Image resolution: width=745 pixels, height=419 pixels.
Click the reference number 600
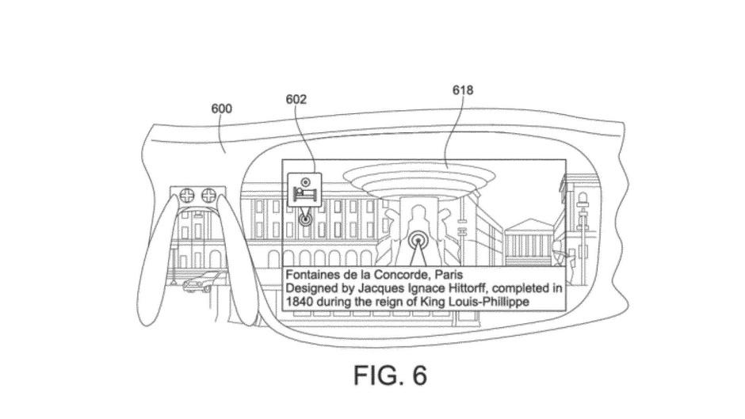pyautogui.click(x=221, y=109)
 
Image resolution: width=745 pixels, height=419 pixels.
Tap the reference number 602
pyautogui.click(x=296, y=99)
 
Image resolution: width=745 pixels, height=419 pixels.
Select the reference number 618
pyautogui.click(x=462, y=90)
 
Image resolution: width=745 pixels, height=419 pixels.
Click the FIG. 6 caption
pyautogui.click(x=390, y=375)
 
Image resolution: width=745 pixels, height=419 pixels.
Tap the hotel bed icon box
pyautogui.click(x=304, y=189)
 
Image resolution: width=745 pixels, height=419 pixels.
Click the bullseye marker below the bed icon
pyautogui.click(x=304, y=219)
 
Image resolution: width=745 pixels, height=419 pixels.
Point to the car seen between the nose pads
pyautogui.click(x=204, y=280)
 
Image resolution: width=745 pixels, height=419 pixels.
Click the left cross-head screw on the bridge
pyautogui.click(x=188, y=196)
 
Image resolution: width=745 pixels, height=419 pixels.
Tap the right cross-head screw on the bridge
pyautogui.click(x=208, y=196)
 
